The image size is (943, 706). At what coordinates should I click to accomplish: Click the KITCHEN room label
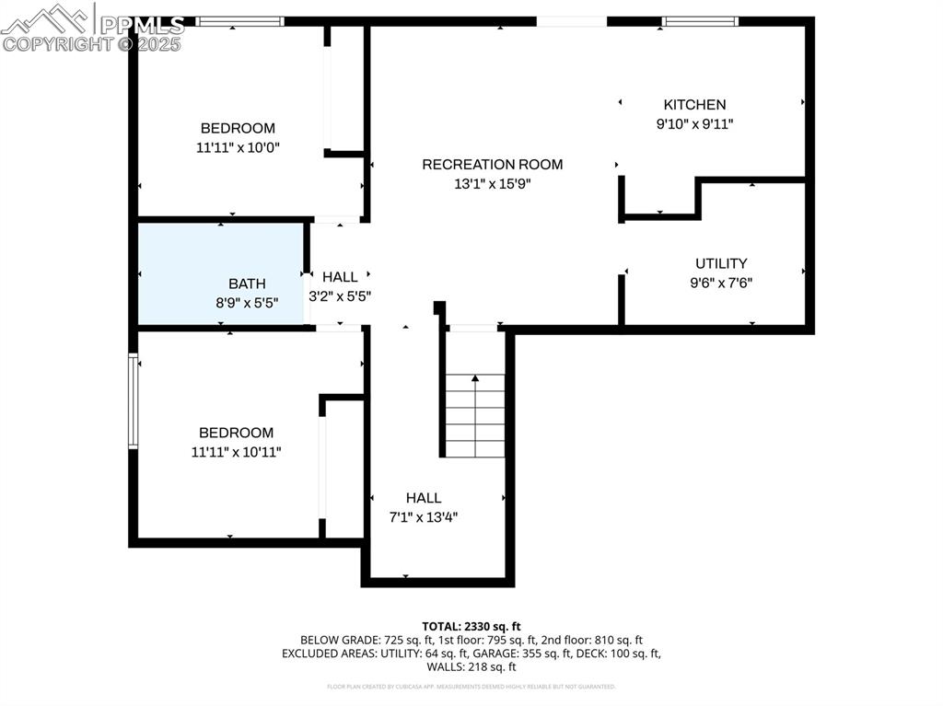click(x=694, y=105)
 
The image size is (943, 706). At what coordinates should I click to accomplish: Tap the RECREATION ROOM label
click(x=492, y=165)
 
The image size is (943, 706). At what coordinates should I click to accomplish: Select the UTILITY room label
click(x=721, y=263)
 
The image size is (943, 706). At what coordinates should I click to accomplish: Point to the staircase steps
click(x=475, y=415)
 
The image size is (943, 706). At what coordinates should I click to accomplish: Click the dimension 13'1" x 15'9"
click(x=492, y=184)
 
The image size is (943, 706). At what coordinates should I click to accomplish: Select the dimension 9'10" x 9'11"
click(x=694, y=124)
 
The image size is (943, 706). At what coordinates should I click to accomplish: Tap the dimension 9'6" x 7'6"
click(x=721, y=284)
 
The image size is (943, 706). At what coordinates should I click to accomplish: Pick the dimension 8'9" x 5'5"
click(x=247, y=302)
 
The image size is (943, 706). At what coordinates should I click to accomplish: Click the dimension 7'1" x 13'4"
click(x=424, y=517)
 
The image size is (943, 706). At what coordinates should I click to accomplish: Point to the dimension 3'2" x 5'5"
click(x=340, y=296)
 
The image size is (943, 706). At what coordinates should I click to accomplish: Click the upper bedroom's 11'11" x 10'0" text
click(x=238, y=147)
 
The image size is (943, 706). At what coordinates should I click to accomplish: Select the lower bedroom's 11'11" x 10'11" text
click(x=236, y=452)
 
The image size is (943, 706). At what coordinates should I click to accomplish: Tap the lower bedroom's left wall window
click(x=133, y=401)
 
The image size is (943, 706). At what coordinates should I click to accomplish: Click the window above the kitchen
click(x=701, y=21)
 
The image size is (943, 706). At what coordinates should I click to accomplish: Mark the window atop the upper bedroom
click(x=239, y=21)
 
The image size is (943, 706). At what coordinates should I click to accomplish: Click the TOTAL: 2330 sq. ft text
click(x=471, y=626)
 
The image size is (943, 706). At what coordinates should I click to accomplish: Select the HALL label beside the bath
click(x=340, y=277)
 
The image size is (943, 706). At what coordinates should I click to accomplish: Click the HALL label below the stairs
click(x=424, y=498)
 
